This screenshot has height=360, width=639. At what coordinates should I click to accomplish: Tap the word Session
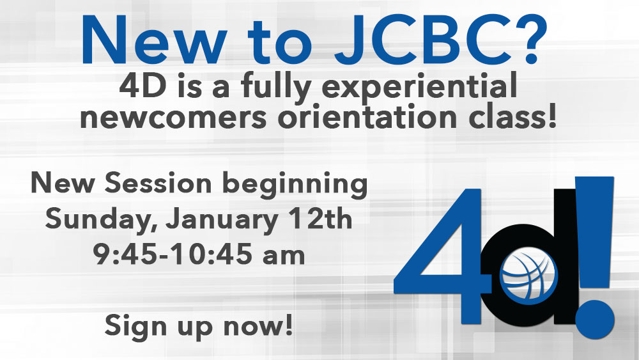coord(158,183)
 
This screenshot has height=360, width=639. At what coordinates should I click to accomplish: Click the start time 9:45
coord(125,254)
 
